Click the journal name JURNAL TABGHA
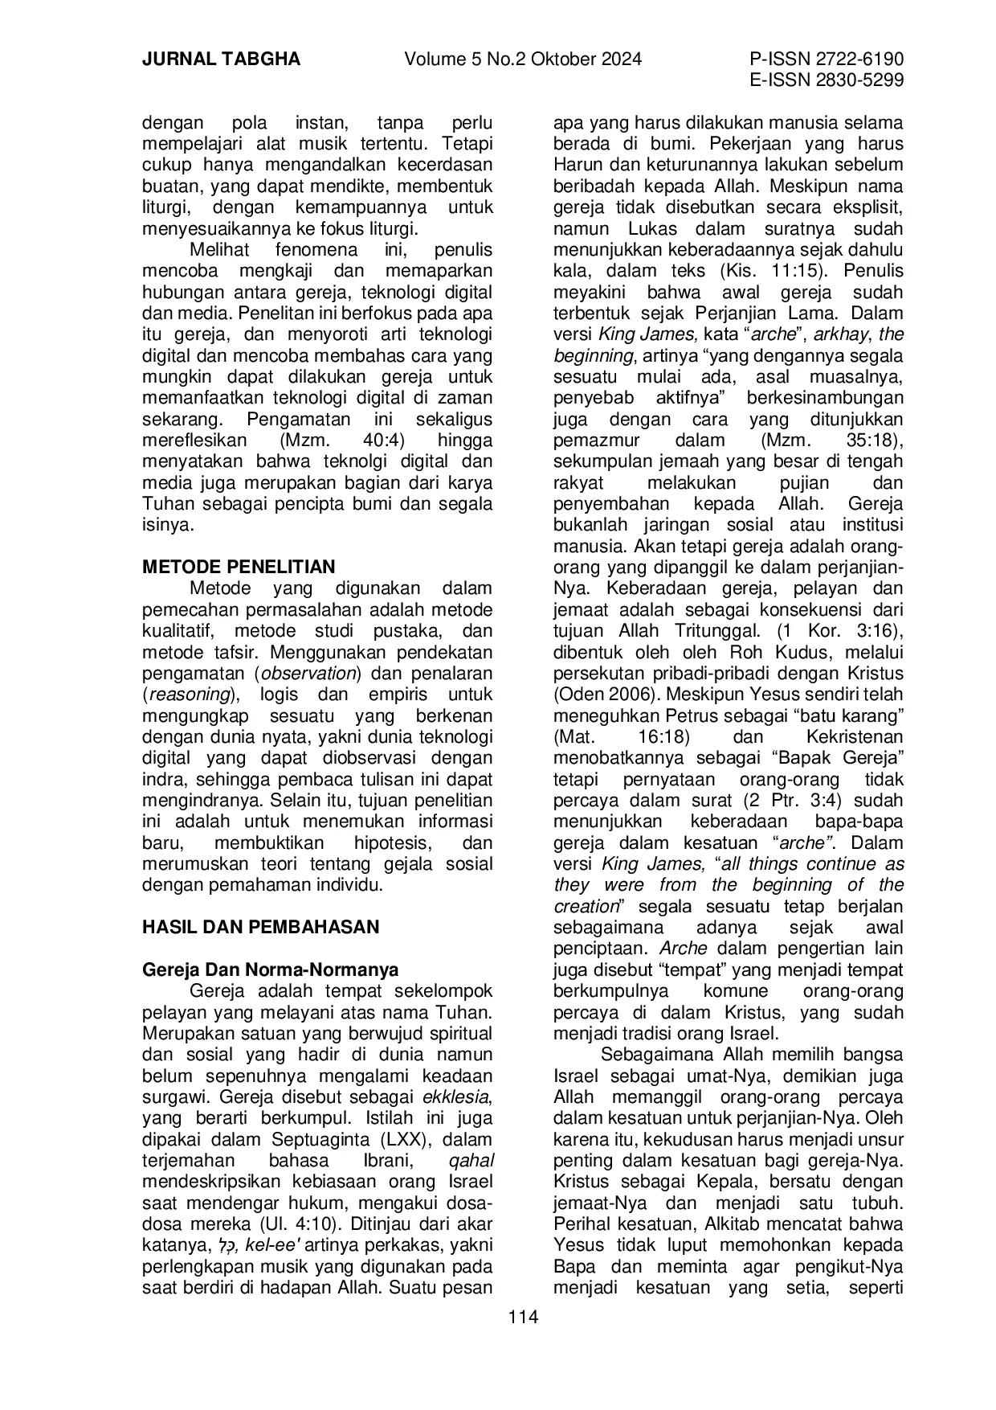coord(221,59)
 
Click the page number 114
coord(522,1317)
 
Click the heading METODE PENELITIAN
coord(239,567)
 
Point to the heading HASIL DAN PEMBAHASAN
coord(260,927)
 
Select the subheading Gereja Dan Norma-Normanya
coord(270,969)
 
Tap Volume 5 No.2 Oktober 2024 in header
coord(523,59)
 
